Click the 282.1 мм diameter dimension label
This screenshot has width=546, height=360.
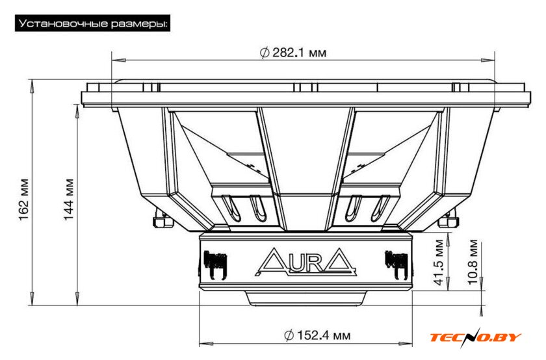tap(293, 53)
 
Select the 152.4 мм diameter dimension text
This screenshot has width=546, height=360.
tap(317, 335)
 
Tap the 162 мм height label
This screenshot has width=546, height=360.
tap(23, 200)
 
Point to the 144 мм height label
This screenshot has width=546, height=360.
tap(69, 199)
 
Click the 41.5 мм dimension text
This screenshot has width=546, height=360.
tap(439, 262)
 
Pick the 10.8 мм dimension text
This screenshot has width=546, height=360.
tap(473, 262)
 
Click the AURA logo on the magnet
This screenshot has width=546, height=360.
tap(305, 262)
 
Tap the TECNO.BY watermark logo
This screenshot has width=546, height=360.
tap(475, 337)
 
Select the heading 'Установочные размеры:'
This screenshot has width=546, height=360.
tap(92, 23)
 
